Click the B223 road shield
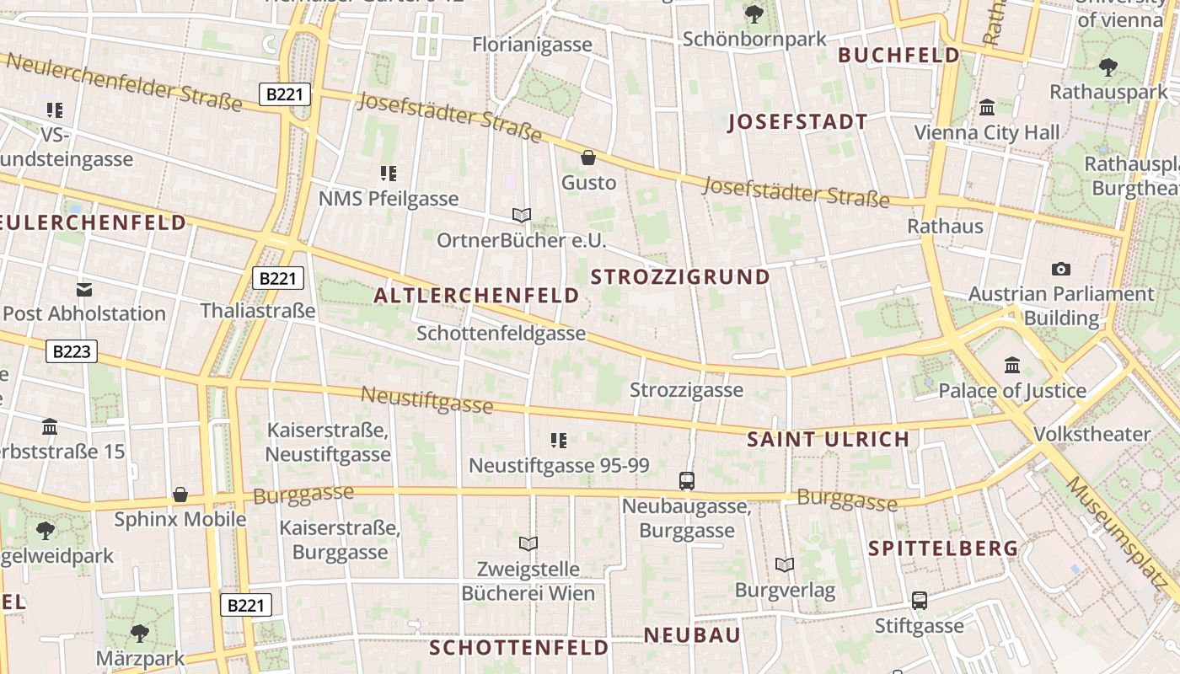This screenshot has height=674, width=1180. click(72, 351)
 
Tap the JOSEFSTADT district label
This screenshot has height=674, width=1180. click(797, 122)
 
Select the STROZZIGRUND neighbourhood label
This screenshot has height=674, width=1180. click(681, 277)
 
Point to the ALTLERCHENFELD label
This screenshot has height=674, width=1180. click(476, 296)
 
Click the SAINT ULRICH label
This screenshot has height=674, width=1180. click(829, 439)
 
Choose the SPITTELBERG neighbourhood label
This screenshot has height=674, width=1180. click(943, 548)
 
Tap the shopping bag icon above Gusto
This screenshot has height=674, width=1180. click(588, 158)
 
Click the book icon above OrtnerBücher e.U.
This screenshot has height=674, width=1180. click(522, 216)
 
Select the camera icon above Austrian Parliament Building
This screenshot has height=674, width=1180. click(1061, 270)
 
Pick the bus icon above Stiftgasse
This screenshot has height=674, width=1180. click(919, 601)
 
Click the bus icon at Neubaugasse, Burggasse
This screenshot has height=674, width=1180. click(687, 481)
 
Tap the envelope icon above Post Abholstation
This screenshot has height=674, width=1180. click(84, 290)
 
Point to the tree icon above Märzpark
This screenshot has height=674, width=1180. click(140, 633)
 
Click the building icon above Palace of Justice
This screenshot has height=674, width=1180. click(1012, 366)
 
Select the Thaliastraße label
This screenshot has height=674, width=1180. click(258, 311)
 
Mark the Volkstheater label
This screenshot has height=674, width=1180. click(1091, 435)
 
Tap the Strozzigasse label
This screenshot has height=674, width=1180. click(687, 390)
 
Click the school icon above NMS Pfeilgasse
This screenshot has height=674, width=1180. click(388, 174)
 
